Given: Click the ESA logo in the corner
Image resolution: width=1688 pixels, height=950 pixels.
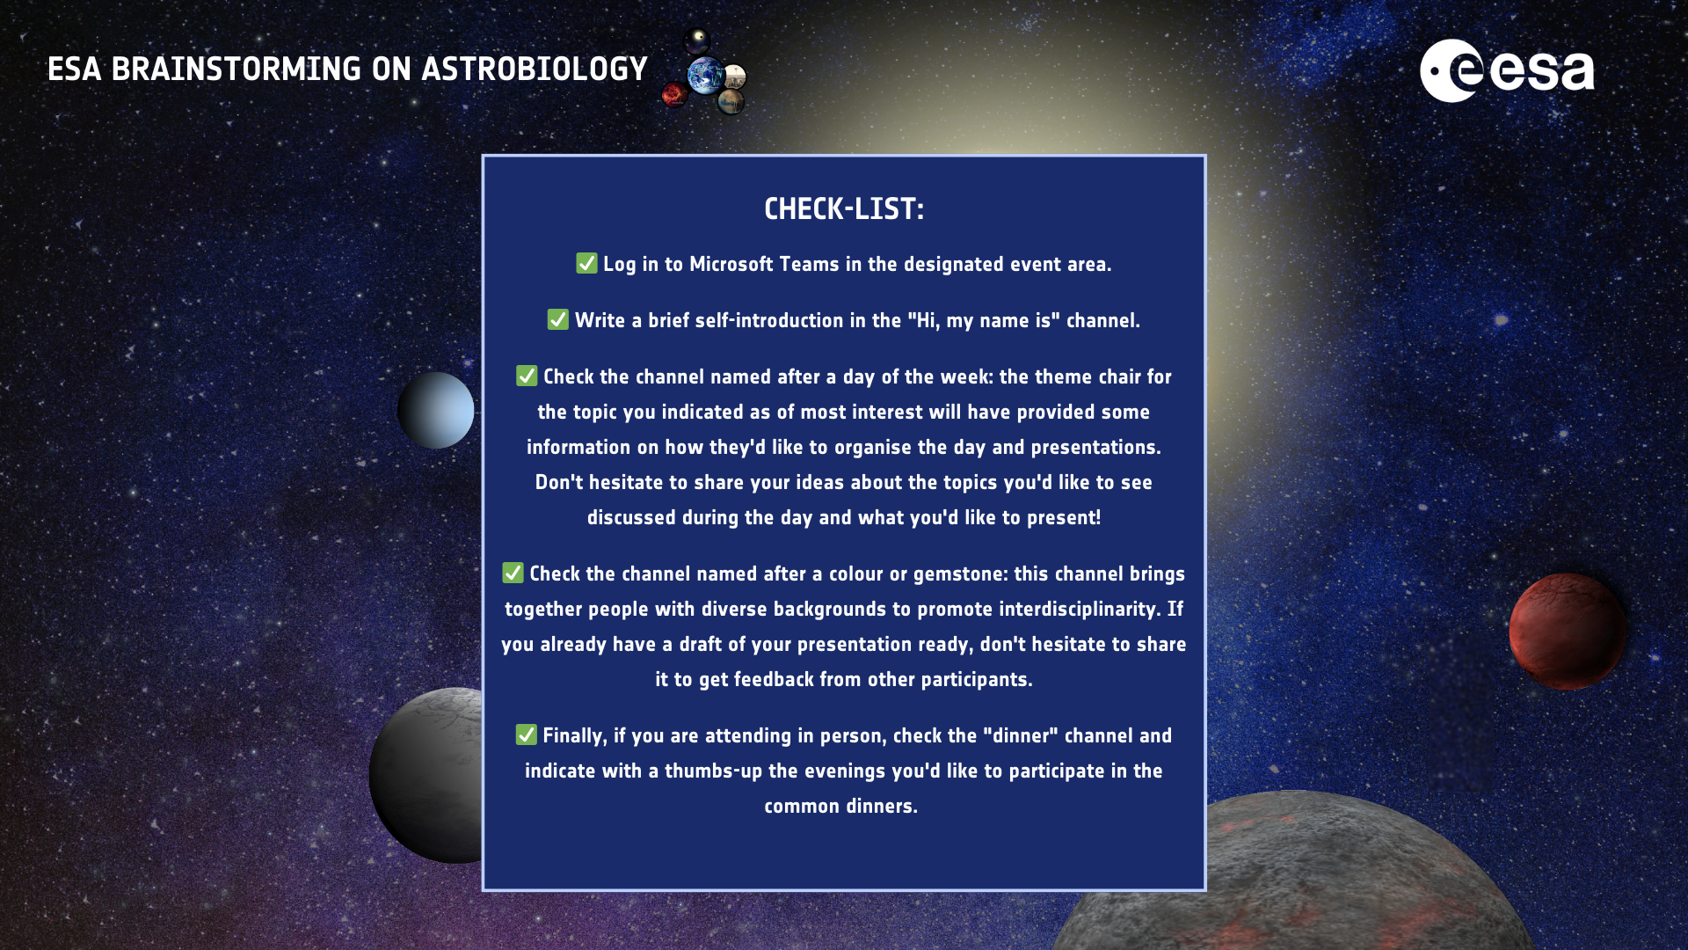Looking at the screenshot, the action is pyautogui.click(x=1507, y=70).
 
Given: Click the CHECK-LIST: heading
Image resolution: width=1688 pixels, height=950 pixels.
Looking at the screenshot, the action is pyautogui.click(x=844, y=209).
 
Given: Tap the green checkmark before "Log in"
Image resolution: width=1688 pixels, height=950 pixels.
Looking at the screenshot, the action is pyautogui.click(x=586, y=263).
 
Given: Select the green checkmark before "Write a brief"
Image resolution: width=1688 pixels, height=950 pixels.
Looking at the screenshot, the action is pyautogui.click(x=558, y=319).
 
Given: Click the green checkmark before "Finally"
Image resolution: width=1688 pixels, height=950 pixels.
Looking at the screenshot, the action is pyautogui.click(x=526, y=734).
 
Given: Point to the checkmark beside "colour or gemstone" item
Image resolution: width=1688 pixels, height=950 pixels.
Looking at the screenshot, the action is pyautogui.click(x=513, y=573).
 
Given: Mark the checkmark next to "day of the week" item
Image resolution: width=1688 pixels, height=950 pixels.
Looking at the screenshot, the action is pyautogui.click(x=527, y=376).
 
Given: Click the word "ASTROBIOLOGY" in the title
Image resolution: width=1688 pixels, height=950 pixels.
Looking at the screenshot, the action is pyautogui.click(x=535, y=69).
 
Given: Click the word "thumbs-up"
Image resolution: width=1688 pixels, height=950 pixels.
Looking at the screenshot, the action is pyautogui.click(x=713, y=771).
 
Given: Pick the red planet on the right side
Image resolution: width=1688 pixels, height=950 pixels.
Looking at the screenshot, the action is pyautogui.click(x=1567, y=631).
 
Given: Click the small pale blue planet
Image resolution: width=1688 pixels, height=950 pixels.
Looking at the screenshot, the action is pyautogui.click(x=436, y=410).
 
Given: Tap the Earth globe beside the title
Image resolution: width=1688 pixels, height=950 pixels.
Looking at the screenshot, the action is pyautogui.click(x=706, y=76).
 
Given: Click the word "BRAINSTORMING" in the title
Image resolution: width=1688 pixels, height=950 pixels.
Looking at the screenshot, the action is pyautogui.click(x=236, y=69).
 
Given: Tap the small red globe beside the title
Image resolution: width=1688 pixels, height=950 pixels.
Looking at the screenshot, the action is pyautogui.click(x=674, y=94).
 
